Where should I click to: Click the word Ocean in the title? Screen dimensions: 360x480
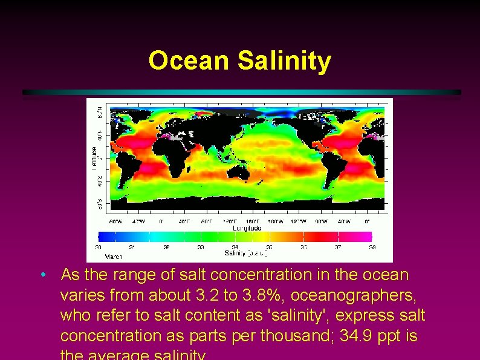(x=190, y=61)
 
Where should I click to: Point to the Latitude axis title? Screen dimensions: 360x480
(x=94, y=158)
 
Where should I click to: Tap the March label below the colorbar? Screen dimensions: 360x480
(x=105, y=256)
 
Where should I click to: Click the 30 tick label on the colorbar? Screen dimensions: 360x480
(x=99, y=247)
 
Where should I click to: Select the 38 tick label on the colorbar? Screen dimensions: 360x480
(x=372, y=247)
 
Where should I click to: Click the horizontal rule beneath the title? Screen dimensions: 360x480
(x=242, y=92)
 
